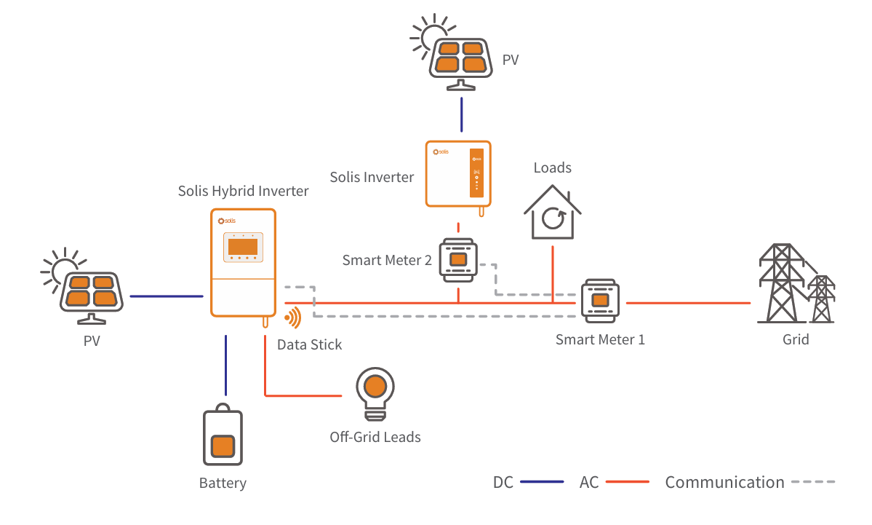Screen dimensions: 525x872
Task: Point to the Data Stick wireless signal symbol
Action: [292, 318]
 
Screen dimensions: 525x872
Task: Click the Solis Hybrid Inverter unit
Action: [243, 262]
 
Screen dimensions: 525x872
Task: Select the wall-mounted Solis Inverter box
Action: [458, 174]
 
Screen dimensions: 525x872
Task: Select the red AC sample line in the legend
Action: [627, 482]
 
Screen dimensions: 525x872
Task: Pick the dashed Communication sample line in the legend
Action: [812, 482]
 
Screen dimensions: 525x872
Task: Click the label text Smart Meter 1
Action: [600, 339]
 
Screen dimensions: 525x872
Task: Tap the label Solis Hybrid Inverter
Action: [243, 192]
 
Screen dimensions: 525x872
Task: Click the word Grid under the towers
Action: [796, 339]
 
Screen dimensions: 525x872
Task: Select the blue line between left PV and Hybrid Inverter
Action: [166, 296]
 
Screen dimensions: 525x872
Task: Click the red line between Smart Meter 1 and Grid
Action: [687, 302]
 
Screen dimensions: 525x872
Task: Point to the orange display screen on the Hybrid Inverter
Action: [243, 246]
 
